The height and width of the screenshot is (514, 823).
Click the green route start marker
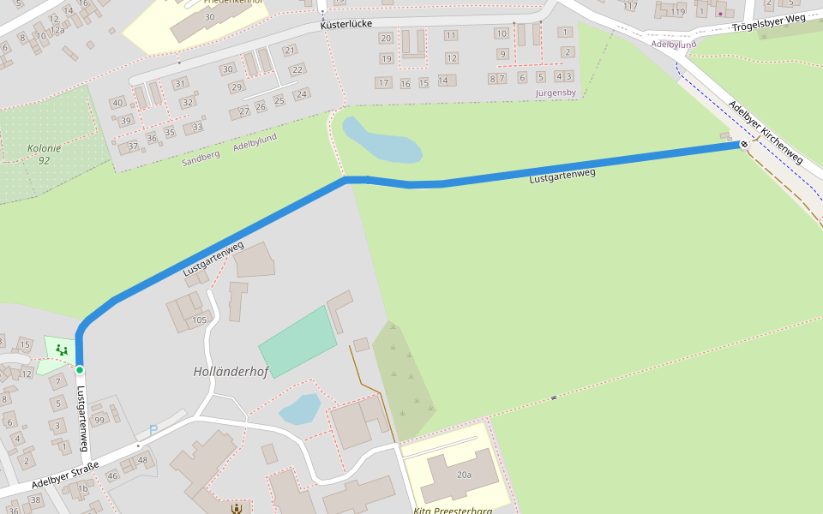click(80, 370)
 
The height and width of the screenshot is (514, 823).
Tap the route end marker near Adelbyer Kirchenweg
click(744, 144)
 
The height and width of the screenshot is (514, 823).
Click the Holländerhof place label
click(231, 372)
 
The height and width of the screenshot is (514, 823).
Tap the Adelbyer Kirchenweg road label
click(766, 133)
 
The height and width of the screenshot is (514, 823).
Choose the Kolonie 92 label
click(44, 154)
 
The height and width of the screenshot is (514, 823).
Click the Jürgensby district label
click(556, 92)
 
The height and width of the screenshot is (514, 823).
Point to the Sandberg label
click(201, 157)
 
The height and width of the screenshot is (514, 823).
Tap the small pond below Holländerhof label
click(299, 409)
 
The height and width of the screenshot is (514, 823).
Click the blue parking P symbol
click(153, 430)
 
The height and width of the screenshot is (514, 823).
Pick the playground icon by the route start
click(60, 349)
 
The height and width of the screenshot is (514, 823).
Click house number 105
click(200, 320)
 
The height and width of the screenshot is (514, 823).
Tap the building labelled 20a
click(464, 474)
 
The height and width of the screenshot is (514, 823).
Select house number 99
click(99, 419)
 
